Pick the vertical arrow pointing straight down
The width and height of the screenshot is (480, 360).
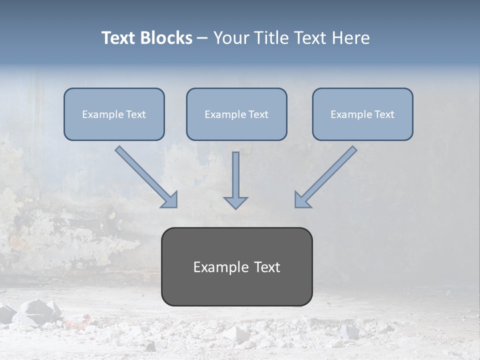235,175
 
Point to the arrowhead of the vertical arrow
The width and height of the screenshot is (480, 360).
235,202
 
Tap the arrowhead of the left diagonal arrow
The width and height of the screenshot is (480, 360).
170,200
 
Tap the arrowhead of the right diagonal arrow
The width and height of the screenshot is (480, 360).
301,200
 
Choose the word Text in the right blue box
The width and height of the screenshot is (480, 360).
384,114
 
